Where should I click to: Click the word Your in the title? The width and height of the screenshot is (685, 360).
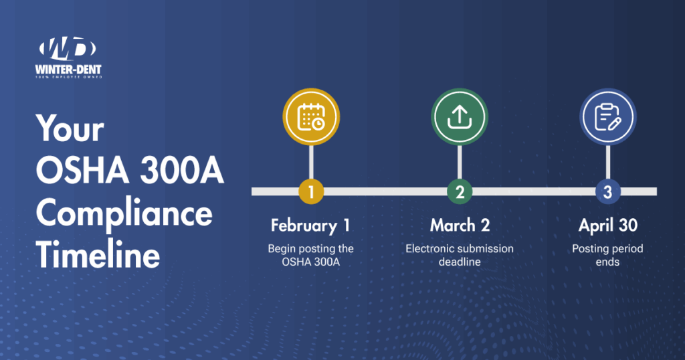click(70, 128)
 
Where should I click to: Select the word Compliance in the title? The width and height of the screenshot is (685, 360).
click(124, 215)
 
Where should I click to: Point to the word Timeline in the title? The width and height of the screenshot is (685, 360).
click(98, 257)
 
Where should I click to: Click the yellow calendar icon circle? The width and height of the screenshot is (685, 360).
click(311, 117)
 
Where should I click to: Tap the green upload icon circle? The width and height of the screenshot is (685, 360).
click(459, 117)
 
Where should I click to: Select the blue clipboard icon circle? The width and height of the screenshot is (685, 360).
click(607, 117)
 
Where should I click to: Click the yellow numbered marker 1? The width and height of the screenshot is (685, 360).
click(311, 192)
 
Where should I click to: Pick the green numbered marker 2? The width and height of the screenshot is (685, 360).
click(460, 192)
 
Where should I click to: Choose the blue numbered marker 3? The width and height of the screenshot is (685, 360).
click(607, 192)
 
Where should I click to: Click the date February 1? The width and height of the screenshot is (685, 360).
click(310, 226)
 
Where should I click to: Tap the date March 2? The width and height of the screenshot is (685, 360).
click(459, 226)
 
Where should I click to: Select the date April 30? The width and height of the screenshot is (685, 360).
click(607, 226)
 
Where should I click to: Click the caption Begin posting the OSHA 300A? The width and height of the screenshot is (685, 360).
click(310, 255)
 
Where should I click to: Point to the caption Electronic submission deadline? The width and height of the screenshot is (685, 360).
click(459, 255)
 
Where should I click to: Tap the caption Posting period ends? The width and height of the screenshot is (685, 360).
click(607, 255)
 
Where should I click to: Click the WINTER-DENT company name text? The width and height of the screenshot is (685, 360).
click(68, 68)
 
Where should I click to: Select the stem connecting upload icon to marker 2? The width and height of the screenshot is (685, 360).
click(459, 163)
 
